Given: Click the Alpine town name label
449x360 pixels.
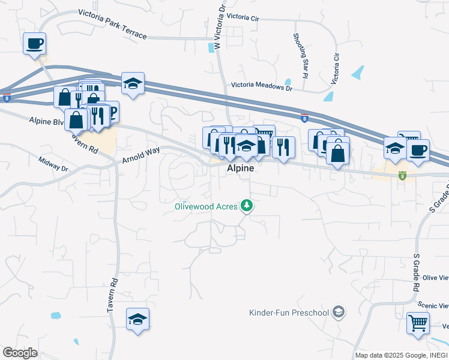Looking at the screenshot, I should pyautogui.click(x=240, y=169).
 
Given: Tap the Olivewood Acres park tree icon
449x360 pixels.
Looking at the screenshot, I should pyautogui.click(x=246, y=206).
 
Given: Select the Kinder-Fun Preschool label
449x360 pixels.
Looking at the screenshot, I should pyautogui.click(x=289, y=313).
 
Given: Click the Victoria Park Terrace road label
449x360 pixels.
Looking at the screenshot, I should pyautogui.click(x=112, y=23).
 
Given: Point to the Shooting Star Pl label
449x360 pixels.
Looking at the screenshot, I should pyautogui.click(x=300, y=56).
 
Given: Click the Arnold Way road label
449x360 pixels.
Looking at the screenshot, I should pyautogui.click(x=141, y=155).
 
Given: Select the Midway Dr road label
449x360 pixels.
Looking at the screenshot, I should pyautogui.click(x=54, y=164).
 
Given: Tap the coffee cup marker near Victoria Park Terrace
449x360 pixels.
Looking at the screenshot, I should pyautogui.click(x=34, y=44).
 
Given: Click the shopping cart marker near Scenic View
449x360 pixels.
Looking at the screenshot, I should pyautogui.click(x=418, y=323).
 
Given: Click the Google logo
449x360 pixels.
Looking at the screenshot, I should pyautogui.click(x=20, y=353).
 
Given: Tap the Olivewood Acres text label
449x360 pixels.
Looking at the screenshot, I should pyautogui.click(x=206, y=206).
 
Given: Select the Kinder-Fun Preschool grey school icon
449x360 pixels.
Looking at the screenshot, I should pyautogui.click(x=339, y=312).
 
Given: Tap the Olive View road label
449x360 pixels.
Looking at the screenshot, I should pyautogui.click(x=435, y=278).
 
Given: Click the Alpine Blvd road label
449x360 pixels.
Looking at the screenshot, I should pyautogui.click(x=46, y=121).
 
